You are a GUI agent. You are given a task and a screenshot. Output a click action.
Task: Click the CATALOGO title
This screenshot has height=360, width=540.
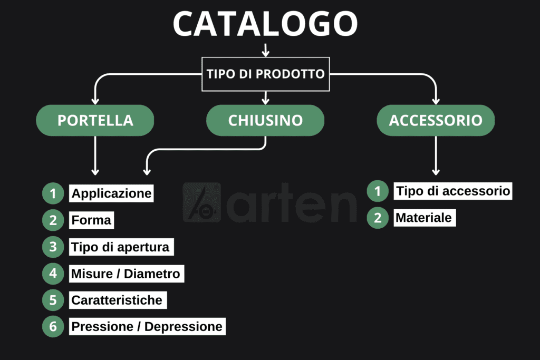pyautogui.click(x=265, y=23)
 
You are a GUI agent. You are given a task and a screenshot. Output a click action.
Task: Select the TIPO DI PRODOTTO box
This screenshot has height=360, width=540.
pyautogui.click(x=266, y=74)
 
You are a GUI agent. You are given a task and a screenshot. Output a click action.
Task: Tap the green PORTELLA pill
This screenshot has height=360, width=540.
pyautogui.click(x=95, y=120)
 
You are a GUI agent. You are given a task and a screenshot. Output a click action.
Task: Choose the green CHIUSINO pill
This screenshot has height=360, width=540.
pyautogui.click(x=265, y=120)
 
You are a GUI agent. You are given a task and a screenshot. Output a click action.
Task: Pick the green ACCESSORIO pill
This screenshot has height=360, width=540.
pyautogui.click(x=436, y=120)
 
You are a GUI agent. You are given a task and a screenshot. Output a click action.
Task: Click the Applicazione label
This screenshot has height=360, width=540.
pyautogui.click(x=111, y=193)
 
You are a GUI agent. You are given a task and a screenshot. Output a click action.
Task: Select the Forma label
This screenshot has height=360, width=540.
pyautogui.click(x=91, y=220)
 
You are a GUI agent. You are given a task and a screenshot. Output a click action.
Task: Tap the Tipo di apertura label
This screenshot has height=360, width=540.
pyautogui.click(x=121, y=247)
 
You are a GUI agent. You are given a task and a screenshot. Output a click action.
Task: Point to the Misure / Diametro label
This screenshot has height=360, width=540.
pyautogui.click(x=127, y=274)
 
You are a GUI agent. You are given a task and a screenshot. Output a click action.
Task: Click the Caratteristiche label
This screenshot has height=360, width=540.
pyautogui.click(x=118, y=300)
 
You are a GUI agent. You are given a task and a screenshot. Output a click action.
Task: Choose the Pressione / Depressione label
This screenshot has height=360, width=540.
pyautogui.click(x=147, y=326)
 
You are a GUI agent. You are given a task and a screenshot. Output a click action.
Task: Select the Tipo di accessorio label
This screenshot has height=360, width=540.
pyautogui.click(x=453, y=191)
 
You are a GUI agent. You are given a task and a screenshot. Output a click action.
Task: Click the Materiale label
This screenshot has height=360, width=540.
pyautogui.click(x=425, y=218)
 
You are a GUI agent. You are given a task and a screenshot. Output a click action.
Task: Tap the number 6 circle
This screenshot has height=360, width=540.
pyautogui.click(x=53, y=326)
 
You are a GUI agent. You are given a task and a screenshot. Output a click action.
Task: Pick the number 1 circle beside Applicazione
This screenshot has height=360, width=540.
pyautogui.click(x=53, y=193)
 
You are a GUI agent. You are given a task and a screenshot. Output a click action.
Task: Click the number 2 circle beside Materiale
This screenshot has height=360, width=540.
pyautogui.click(x=378, y=218)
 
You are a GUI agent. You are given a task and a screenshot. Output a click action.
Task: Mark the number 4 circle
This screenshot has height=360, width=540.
pyautogui.click(x=53, y=274)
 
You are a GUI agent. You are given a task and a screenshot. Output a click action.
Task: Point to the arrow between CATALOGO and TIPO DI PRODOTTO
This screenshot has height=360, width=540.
pyautogui.click(x=266, y=50)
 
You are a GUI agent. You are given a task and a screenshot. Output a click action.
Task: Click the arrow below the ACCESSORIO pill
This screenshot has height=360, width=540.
pyautogui.click(x=436, y=155)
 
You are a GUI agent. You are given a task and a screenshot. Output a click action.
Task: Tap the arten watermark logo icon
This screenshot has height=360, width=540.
pyautogui.click(x=202, y=202)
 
